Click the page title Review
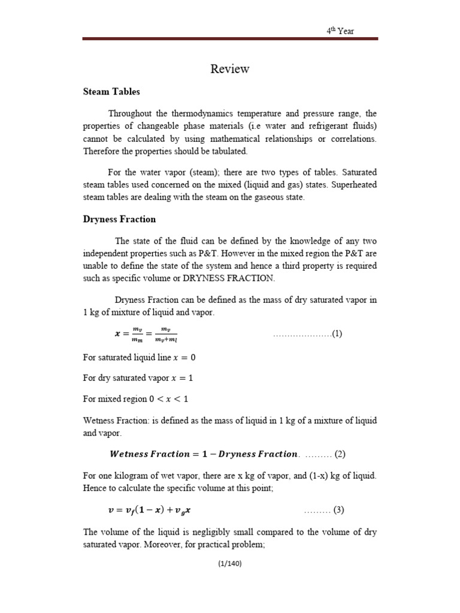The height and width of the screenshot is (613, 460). coord(230,69)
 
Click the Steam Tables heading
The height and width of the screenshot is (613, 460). coord(111,92)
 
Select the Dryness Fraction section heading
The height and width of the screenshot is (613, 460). coord(119,219)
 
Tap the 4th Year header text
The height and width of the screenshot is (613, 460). coord(340,31)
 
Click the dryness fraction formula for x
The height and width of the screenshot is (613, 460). coord(141,334)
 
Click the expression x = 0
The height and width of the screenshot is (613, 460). coord(184,357)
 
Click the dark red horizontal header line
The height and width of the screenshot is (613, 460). coord(230,40)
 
